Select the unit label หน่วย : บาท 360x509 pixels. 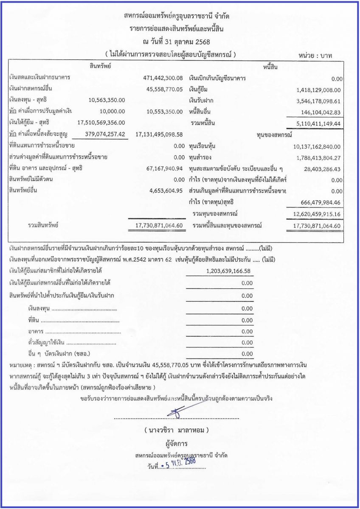click(315, 56)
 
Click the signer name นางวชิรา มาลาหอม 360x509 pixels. click(177, 430)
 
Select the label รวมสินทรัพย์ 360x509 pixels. click(40, 225)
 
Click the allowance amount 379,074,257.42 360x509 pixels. click(102, 134)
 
